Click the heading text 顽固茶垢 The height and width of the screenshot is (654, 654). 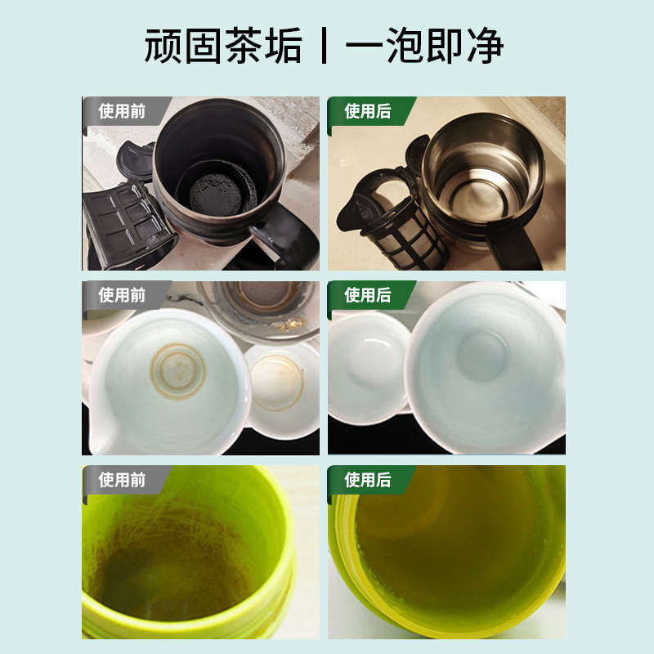pyautogui.click(x=222, y=47)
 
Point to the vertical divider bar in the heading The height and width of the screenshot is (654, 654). pyautogui.click(x=325, y=47)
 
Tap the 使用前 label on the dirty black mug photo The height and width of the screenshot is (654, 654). pyautogui.click(x=122, y=111)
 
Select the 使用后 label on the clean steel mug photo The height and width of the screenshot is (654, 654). pyautogui.click(x=367, y=111)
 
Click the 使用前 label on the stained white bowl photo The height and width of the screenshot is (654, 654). pyautogui.click(x=122, y=295)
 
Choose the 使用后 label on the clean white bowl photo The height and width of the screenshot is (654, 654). pyautogui.click(x=367, y=295)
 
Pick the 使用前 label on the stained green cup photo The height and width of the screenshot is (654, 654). pyautogui.click(x=122, y=480)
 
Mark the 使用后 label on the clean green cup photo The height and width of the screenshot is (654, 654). pyautogui.click(x=367, y=480)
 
